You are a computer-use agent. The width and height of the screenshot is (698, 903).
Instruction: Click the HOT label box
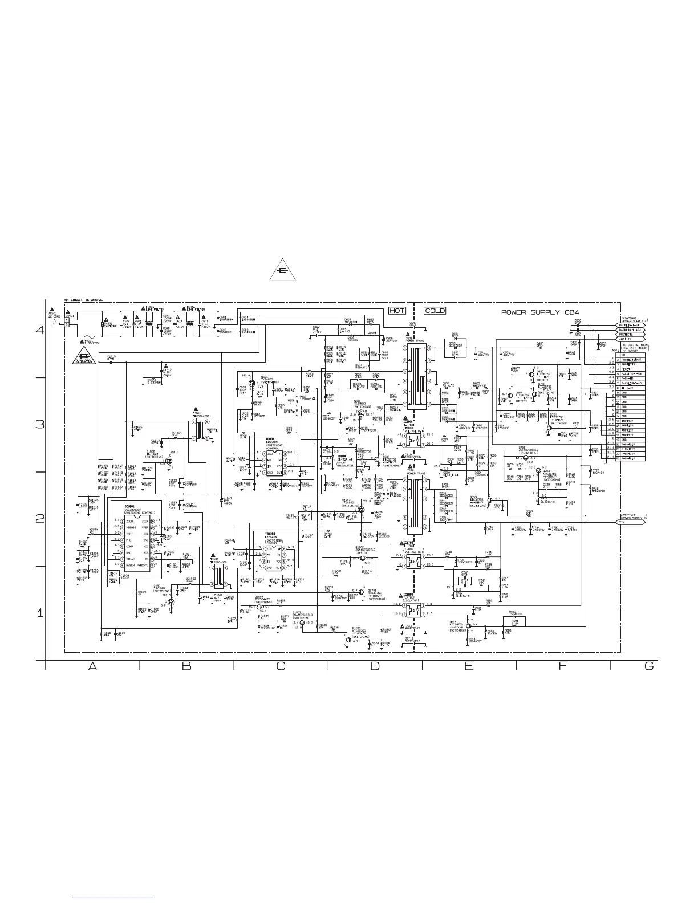(x=397, y=311)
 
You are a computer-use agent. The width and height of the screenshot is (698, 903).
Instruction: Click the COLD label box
(x=435, y=311)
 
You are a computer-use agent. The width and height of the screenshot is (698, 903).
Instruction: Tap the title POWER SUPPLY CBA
(x=540, y=312)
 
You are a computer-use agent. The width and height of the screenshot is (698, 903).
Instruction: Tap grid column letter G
(x=648, y=668)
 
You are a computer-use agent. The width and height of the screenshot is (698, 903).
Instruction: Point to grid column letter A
(x=92, y=668)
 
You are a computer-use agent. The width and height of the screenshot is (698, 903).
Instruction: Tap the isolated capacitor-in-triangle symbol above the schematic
(x=282, y=271)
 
